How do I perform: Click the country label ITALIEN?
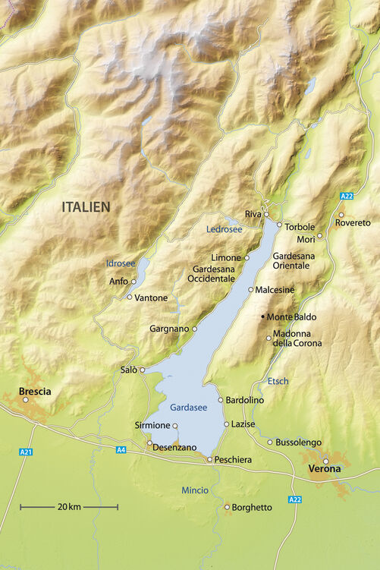coord(86,206)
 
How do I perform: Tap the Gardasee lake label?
coord(188,408)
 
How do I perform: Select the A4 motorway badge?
coord(121,450)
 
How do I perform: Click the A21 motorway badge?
coord(26,452)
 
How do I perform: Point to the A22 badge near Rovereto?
coord(347,197)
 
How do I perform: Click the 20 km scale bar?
coord(69,506)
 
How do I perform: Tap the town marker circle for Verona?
coord(326,461)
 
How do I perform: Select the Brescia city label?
coord(35,392)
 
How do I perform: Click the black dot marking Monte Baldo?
coord(263,316)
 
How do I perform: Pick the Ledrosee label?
coord(225,228)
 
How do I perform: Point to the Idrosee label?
coord(120,263)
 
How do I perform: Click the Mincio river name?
coord(195,490)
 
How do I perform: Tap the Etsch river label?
coord(278,380)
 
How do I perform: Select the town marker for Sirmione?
coord(175,425)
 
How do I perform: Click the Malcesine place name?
coord(275,290)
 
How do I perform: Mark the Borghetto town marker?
coord(226,507)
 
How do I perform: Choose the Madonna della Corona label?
coord(297,339)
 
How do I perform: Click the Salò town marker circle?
coord(142,370)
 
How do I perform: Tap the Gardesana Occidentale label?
coord(214,274)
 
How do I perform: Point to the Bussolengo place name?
coord(299,442)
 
